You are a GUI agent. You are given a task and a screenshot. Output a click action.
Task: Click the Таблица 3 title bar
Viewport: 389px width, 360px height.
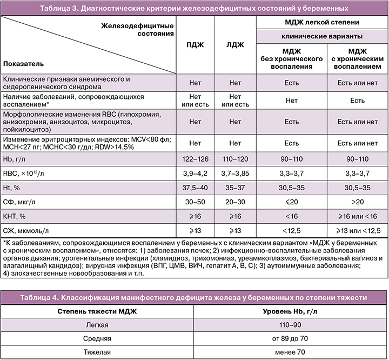coord(194,9)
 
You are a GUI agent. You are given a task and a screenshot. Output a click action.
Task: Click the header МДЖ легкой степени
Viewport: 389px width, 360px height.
coord(321,22)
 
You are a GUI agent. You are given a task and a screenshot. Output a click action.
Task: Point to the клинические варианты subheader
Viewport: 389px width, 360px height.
coord(321,36)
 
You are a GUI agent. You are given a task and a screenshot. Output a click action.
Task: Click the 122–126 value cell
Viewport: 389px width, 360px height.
coord(196,160)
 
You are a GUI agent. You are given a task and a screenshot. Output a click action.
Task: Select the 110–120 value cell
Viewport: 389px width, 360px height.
coord(234,160)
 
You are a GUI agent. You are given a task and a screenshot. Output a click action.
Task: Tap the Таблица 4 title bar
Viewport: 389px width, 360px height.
coord(194,297)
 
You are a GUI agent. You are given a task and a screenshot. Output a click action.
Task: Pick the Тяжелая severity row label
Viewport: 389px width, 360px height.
coord(97,352)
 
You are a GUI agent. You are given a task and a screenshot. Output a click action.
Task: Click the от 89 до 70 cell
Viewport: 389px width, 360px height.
coord(291,338)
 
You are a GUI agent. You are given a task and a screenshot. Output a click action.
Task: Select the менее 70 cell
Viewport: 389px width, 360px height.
coord(291,352)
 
